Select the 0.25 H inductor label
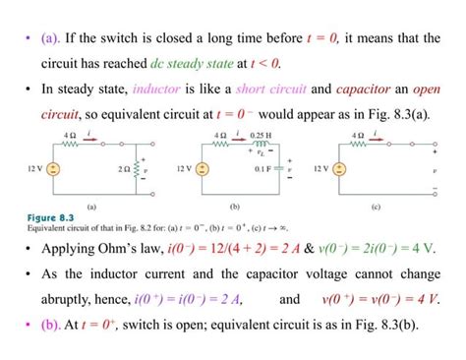[260, 135]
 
